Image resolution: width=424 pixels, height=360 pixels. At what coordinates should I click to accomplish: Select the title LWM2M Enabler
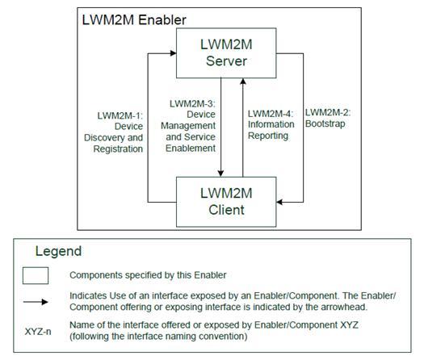pyautogui.click(x=134, y=19)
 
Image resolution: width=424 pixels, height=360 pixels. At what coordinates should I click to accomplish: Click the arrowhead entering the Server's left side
pyautogui.click(x=173, y=53)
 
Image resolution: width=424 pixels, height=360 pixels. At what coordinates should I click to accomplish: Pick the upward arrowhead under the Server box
pyautogui.click(x=243, y=81)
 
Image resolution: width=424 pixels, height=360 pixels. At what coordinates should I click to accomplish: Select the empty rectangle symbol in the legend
pyautogui.click(x=36, y=275)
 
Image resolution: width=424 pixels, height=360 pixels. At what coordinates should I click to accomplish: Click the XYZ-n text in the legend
pyautogui.click(x=36, y=331)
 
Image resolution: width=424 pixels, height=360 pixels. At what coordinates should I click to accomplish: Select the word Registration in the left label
pyautogui.click(x=116, y=149)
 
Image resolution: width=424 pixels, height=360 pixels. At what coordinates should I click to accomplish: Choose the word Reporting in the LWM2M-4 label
pyautogui.click(x=270, y=136)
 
